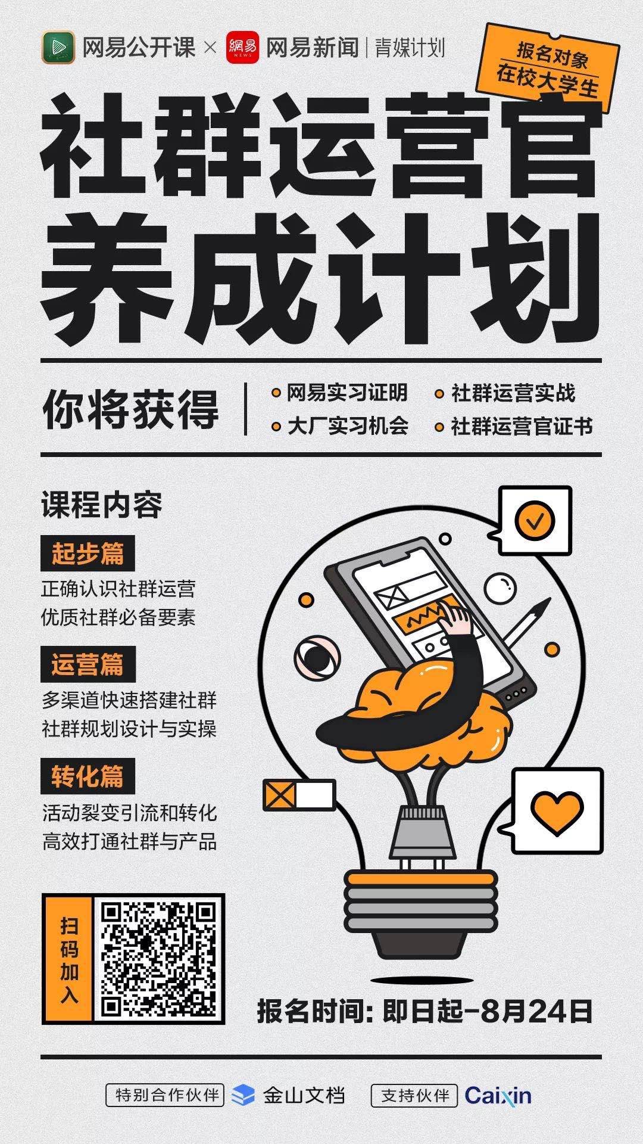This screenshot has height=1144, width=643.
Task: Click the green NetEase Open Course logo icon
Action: (x=58, y=47)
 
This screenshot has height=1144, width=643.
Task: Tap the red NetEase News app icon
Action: (x=243, y=47)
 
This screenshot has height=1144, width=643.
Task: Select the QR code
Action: (x=159, y=959)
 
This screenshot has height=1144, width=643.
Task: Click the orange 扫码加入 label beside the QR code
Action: (x=69, y=959)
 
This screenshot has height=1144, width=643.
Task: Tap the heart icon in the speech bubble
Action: (x=557, y=809)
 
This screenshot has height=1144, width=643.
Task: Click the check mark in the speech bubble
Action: (x=535, y=520)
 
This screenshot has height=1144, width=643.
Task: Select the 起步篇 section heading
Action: (x=88, y=554)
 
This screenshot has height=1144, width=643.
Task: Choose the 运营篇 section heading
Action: (x=88, y=664)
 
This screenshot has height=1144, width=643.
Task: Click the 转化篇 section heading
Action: (x=88, y=776)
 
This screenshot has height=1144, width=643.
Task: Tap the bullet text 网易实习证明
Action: (x=347, y=393)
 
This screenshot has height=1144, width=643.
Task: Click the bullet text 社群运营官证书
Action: (x=522, y=427)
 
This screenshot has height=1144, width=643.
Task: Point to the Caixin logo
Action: (x=498, y=1095)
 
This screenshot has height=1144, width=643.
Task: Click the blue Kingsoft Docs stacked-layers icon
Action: (x=242, y=1095)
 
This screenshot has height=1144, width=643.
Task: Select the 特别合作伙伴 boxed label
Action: (x=165, y=1095)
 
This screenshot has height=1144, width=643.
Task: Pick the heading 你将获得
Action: (x=131, y=410)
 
